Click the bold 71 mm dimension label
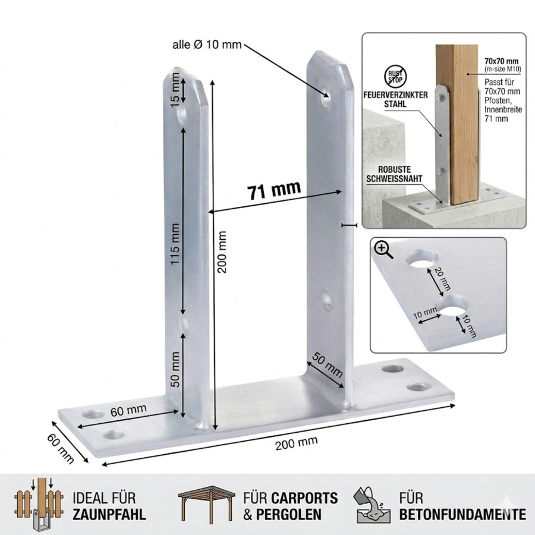click(x=274, y=190)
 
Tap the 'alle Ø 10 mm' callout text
click(x=207, y=45)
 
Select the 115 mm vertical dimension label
click(x=175, y=244)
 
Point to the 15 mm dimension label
click(x=175, y=89)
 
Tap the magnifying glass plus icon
click(x=383, y=250)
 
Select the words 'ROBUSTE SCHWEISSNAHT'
click(x=394, y=174)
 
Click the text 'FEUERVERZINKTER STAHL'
click(x=395, y=99)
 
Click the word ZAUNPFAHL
click(x=109, y=514)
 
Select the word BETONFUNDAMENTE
click(x=462, y=514)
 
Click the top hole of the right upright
click(x=326, y=96)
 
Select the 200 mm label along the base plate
click(x=296, y=443)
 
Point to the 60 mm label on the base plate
click(x=128, y=410)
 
